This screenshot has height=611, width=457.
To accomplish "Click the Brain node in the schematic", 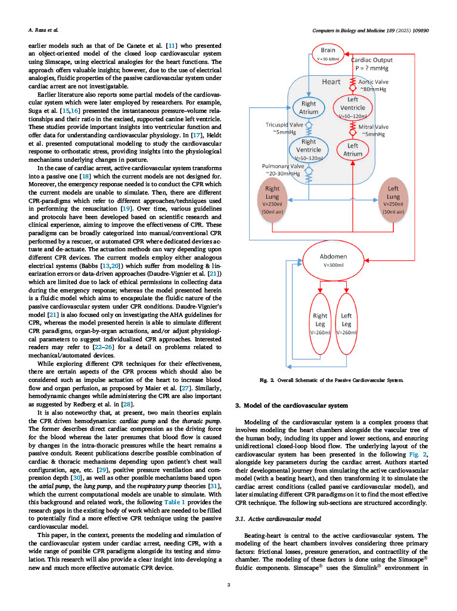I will point(328,54).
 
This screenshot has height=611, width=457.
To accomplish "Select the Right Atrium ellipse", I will point(309,108).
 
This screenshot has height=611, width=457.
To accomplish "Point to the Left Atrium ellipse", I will point(353,149).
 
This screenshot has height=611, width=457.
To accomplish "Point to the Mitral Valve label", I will point(374,130).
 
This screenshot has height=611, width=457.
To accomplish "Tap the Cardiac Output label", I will point(372,64).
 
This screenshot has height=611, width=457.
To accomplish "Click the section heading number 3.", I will point(238,406).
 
